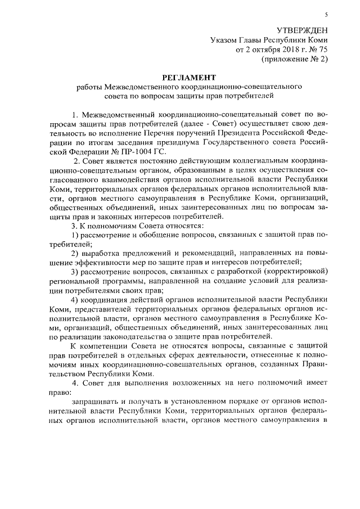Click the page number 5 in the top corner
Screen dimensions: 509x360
click(x=326, y=13)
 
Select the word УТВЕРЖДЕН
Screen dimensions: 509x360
click(x=301, y=30)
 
